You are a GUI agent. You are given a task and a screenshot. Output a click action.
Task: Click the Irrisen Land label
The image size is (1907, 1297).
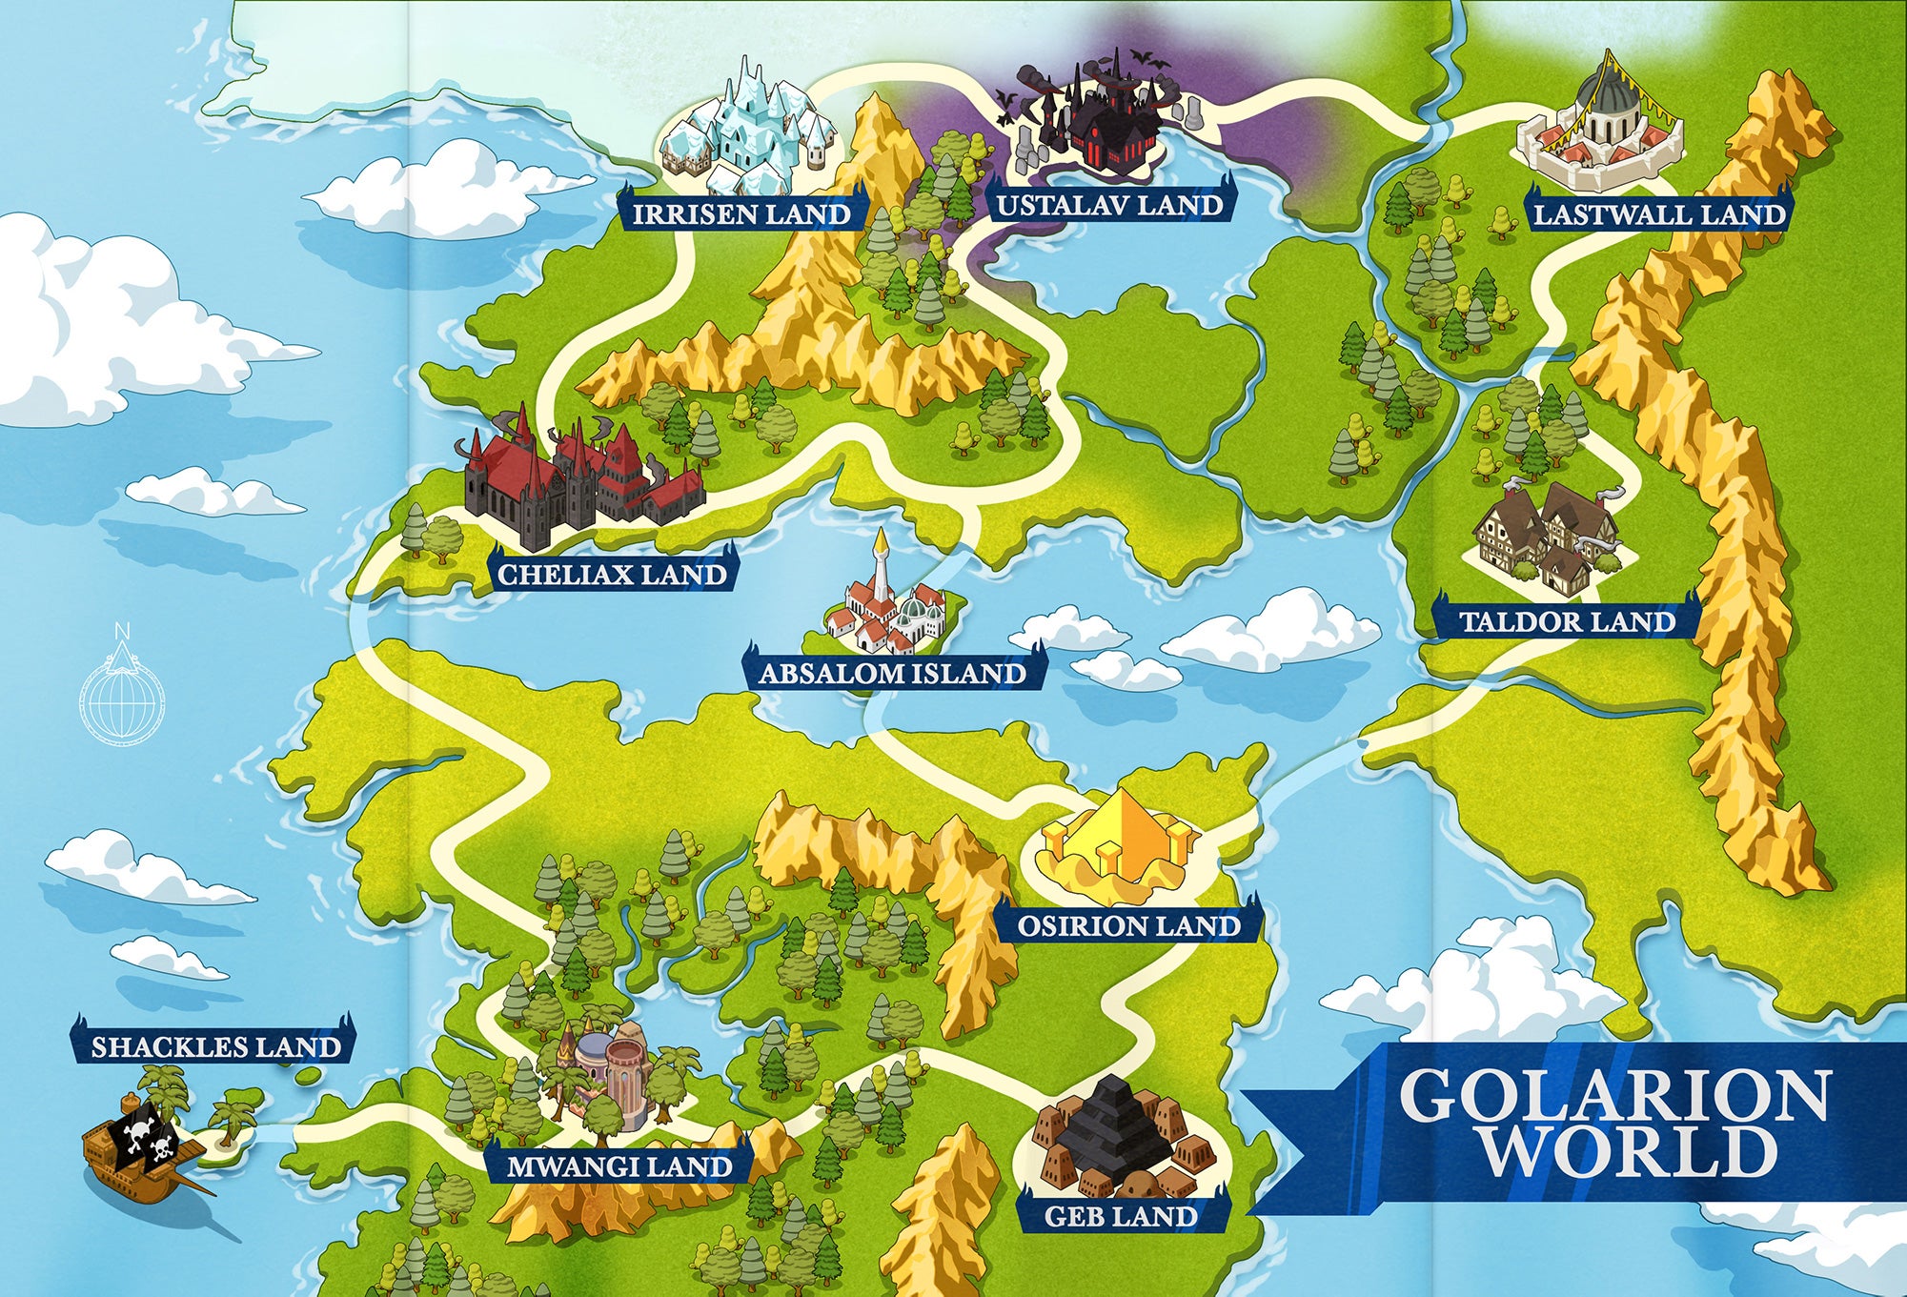[x=741, y=213]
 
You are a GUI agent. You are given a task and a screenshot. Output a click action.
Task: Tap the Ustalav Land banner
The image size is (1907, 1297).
[x=1109, y=205]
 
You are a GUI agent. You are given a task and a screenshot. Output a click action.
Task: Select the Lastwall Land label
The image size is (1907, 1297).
[x=1658, y=213]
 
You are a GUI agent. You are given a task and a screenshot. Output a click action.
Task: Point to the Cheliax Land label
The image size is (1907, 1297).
[x=612, y=574]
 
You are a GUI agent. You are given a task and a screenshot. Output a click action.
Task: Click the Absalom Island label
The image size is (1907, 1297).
[x=892, y=674]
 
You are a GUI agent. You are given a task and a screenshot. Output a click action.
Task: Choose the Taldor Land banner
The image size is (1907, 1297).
[x=1567, y=621]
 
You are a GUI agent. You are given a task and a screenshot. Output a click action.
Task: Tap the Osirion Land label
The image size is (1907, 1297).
[x=1128, y=925]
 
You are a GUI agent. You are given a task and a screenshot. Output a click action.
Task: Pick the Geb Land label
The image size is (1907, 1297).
[x=1121, y=1216]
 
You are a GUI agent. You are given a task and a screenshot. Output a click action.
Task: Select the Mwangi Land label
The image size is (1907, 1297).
[x=619, y=1166]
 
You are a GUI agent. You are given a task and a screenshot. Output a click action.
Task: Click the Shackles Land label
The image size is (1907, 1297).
[x=215, y=1046]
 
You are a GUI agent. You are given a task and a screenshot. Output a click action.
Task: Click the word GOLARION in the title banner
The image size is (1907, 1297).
[x=1614, y=1096]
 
